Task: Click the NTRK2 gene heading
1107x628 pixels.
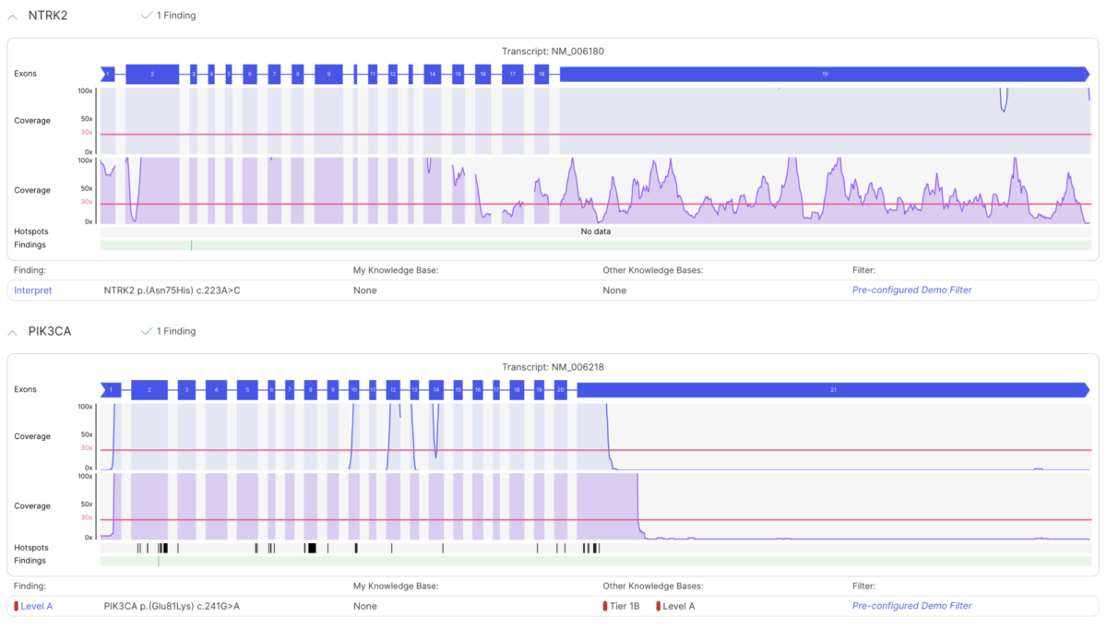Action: [x=49, y=16]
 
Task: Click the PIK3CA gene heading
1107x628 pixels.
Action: [x=50, y=331]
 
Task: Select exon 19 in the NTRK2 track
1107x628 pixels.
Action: [x=824, y=74]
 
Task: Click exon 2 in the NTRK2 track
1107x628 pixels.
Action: [x=152, y=74]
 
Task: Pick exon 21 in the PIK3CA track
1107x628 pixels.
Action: [x=832, y=390]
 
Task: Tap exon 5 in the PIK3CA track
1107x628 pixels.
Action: [x=247, y=390]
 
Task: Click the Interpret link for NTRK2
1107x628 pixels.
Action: [x=33, y=290]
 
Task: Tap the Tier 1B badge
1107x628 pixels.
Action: [x=624, y=606]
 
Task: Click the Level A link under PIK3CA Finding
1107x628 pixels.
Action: [x=36, y=606]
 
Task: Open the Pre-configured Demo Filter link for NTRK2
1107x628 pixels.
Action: [x=911, y=290]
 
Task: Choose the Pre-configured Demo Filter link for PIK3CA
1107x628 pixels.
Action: [x=911, y=606]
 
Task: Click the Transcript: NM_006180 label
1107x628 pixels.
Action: [x=553, y=52]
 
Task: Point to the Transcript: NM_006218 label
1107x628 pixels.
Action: [x=553, y=367]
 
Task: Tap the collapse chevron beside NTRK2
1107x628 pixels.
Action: [x=13, y=17]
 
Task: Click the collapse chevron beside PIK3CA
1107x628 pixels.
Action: [x=13, y=332]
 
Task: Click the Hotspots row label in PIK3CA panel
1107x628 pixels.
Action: [x=30, y=548]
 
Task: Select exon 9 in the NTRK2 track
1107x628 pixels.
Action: [x=328, y=74]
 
